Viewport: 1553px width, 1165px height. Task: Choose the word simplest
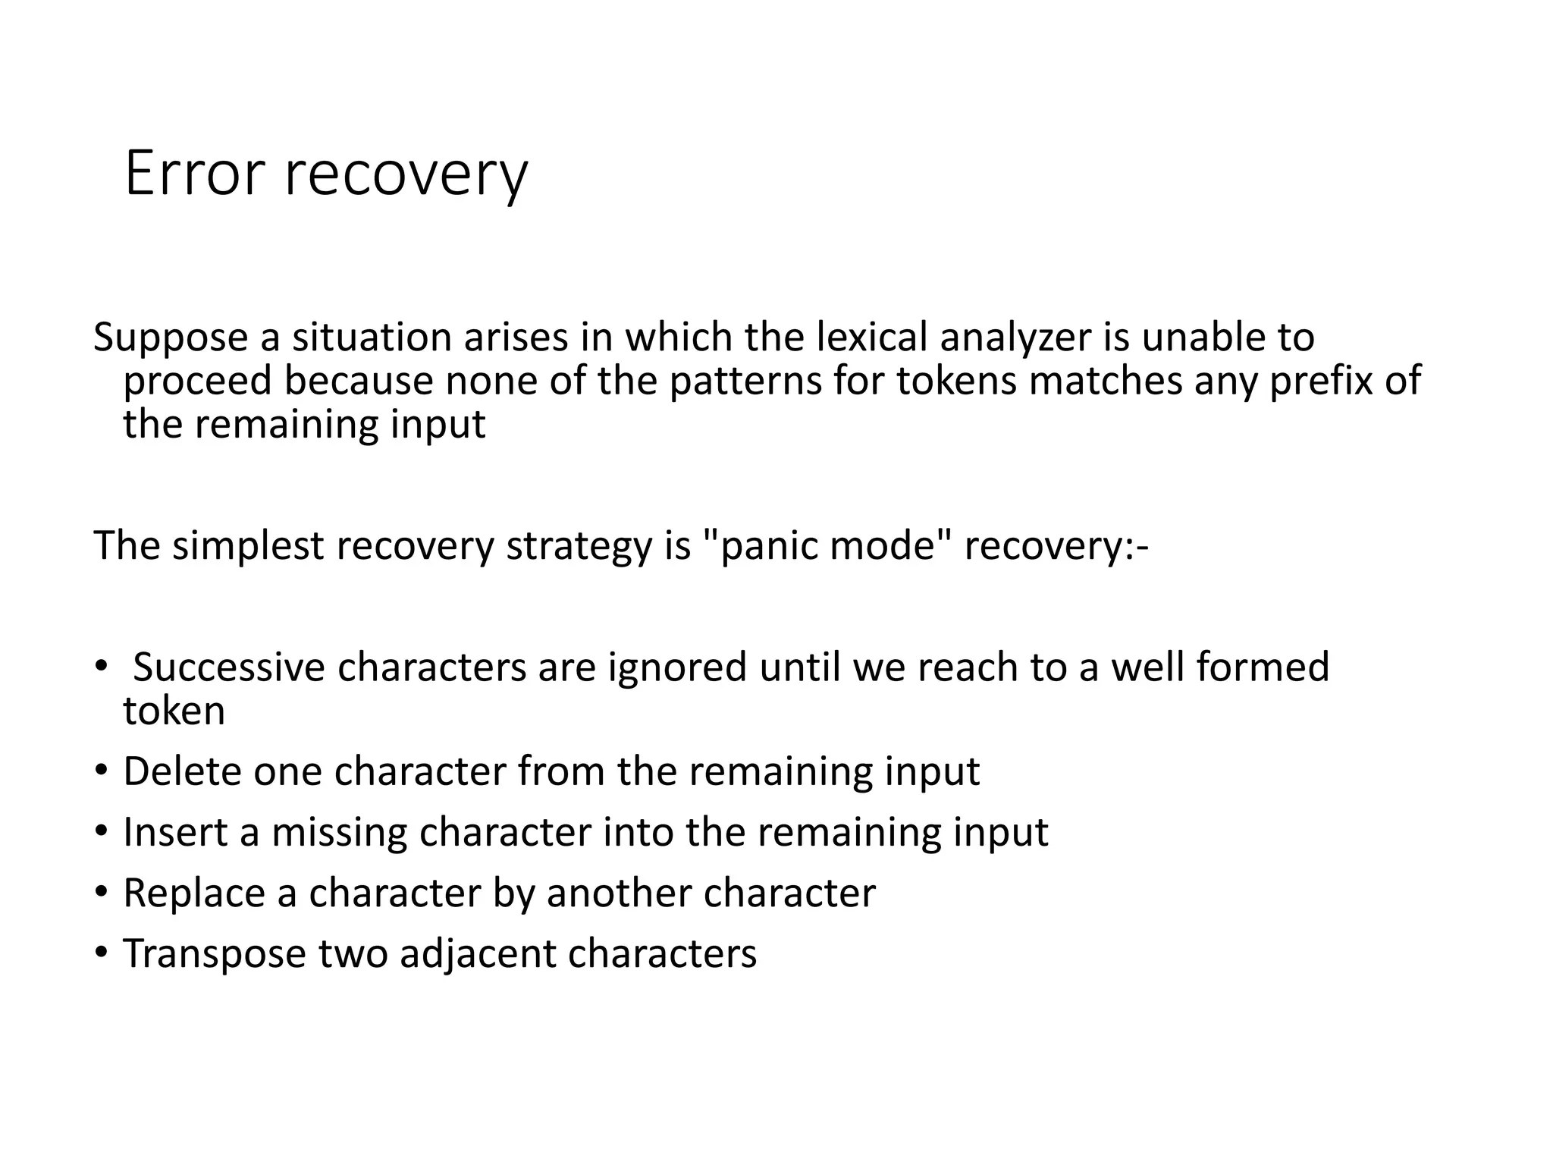248,546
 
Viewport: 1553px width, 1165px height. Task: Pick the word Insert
174,833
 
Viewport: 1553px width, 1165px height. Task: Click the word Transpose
214,954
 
